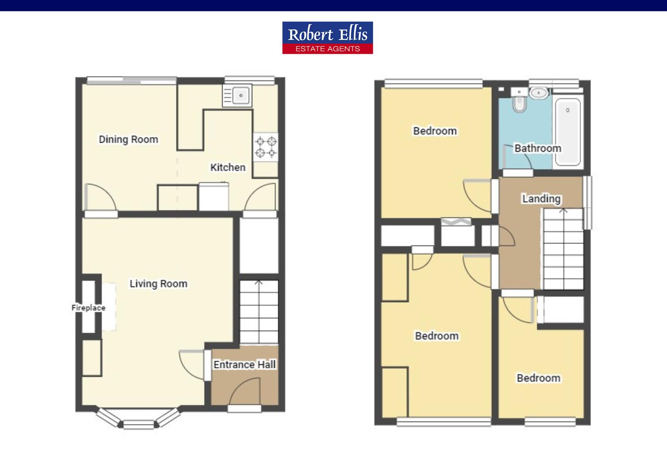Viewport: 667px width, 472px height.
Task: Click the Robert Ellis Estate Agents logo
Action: [327, 38]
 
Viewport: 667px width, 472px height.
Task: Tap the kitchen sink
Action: [237, 95]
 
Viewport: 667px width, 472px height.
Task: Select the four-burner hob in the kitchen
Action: [266, 147]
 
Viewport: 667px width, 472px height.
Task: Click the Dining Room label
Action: [128, 139]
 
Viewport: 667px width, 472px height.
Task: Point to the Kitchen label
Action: [227, 167]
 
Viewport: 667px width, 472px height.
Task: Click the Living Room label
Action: [158, 284]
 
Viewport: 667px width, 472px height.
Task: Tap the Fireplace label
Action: [88, 308]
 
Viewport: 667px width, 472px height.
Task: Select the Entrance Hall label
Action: [244, 364]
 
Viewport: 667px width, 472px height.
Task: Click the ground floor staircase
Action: [259, 312]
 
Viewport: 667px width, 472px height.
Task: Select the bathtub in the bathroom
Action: [567, 131]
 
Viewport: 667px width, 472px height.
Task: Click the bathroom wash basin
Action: [539, 93]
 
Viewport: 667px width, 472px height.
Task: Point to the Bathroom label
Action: [537, 149]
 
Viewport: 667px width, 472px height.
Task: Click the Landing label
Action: [541, 199]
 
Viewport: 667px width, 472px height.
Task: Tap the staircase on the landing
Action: [563, 249]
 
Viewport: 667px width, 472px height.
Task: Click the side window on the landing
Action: [588, 202]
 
